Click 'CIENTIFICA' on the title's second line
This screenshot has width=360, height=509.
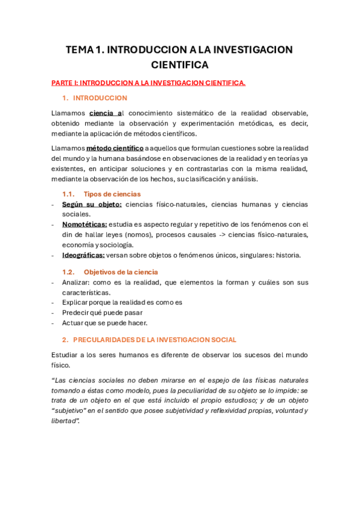point(179,65)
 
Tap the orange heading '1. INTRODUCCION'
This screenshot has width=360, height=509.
point(95,98)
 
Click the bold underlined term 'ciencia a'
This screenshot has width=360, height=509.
point(106,113)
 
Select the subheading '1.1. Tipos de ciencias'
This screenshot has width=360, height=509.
point(101,194)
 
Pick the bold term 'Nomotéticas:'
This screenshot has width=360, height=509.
point(85,224)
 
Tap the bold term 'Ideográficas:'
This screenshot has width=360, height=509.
point(83,255)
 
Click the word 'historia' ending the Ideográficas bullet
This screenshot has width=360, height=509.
point(287,255)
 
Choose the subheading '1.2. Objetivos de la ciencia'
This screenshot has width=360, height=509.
point(110,272)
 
